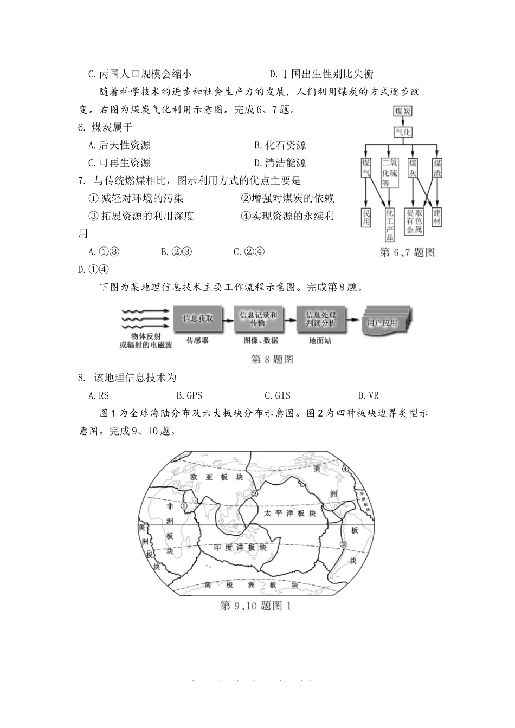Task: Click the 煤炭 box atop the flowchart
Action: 402,112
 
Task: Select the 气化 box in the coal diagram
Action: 402,132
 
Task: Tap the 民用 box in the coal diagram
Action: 366,218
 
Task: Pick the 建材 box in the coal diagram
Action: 437,218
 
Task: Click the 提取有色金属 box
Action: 414,222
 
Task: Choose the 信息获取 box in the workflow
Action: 198,318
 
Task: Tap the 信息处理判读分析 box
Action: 320,318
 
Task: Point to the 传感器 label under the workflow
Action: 197,341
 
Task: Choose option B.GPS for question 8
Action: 189,396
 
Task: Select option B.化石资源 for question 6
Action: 280,145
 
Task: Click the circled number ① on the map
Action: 184,506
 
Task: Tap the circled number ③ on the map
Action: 343,544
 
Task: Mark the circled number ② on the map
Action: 254,493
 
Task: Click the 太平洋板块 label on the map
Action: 289,513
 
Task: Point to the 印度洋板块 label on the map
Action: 240,548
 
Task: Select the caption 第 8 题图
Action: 272,359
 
